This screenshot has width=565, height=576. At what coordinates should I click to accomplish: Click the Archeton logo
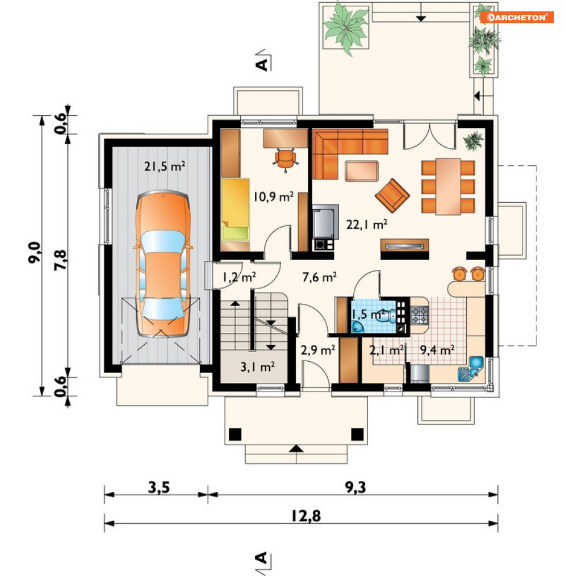[x=517, y=17]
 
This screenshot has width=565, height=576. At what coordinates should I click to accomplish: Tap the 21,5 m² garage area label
[x=165, y=166]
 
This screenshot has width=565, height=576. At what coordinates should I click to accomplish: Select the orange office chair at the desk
[x=285, y=159]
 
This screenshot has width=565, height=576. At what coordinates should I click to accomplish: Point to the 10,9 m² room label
[x=274, y=197]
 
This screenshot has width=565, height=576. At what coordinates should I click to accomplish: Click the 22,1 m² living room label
[x=367, y=224]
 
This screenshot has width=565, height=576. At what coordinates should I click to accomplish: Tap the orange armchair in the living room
[x=392, y=195]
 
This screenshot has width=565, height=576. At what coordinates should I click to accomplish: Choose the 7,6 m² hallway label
[x=319, y=277]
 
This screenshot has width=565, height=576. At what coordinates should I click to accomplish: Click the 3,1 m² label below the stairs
[x=257, y=366]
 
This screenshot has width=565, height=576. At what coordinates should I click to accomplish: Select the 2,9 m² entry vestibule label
[x=317, y=350]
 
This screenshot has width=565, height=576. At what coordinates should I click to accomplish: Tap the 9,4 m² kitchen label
[x=437, y=350]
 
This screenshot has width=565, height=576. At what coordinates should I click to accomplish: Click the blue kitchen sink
[x=471, y=369]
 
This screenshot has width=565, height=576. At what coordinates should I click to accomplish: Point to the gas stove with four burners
[x=419, y=315]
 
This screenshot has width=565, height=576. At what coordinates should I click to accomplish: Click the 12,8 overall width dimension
[x=306, y=516]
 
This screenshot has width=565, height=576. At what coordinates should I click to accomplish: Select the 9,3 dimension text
[x=355, y=487]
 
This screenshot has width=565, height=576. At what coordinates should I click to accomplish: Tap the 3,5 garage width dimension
[x=159, y=487]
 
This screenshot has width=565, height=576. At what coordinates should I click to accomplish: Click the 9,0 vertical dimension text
[x=34, y=252]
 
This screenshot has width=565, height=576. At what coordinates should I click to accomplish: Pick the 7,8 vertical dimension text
[x=60, y=260]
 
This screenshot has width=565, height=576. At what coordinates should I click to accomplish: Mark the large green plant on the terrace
[x=346, y=28]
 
